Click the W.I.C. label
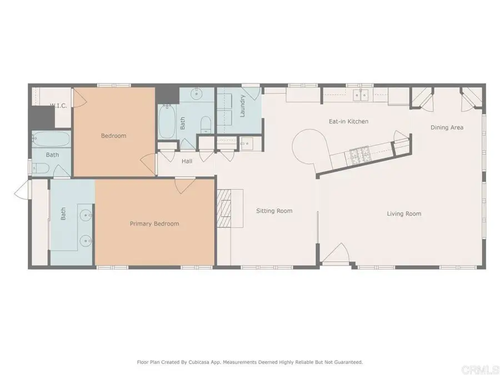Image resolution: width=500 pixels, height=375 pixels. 58,106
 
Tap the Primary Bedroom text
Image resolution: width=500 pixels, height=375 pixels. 154,224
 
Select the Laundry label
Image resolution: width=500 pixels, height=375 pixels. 243,106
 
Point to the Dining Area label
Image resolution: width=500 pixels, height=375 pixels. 447,128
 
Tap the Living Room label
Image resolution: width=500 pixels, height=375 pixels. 404,214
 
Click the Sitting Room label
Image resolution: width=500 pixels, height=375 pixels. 274,211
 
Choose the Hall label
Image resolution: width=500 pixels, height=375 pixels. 187,162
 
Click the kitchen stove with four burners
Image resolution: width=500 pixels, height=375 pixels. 356,155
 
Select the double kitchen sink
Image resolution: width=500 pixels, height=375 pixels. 362,95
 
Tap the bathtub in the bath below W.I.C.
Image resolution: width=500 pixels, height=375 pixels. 51,138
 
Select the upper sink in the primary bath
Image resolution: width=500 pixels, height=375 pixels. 86,213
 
